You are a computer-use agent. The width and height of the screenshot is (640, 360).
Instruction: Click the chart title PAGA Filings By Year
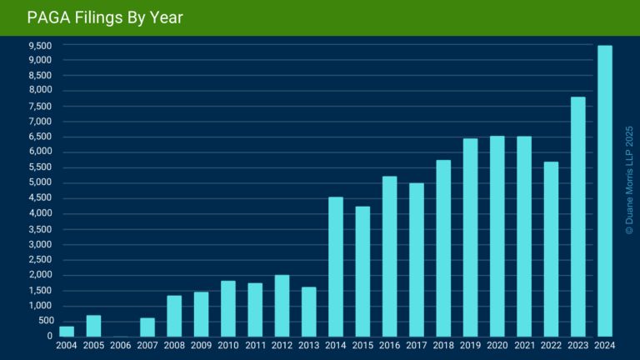[105, 17]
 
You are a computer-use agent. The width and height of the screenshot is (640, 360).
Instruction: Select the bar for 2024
[605, 191]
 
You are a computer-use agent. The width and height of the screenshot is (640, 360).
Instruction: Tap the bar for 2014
[336, 267]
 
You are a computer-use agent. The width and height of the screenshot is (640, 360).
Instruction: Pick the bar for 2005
[93, 326]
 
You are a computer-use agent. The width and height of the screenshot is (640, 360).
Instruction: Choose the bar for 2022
[552, 249]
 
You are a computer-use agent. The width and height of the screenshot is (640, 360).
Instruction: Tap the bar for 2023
[578, 217]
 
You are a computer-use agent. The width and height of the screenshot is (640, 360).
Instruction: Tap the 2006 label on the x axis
[121, 344]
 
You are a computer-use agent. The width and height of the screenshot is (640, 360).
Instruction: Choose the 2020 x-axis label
[497, 344]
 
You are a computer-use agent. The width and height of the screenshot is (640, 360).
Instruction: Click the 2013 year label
[309, 344]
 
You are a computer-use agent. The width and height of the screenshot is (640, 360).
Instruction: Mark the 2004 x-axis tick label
[67, 344]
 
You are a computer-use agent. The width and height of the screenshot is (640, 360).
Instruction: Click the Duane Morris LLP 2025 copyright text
[629, 180]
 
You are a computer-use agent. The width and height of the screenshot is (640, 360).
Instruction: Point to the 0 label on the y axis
[50, 336]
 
